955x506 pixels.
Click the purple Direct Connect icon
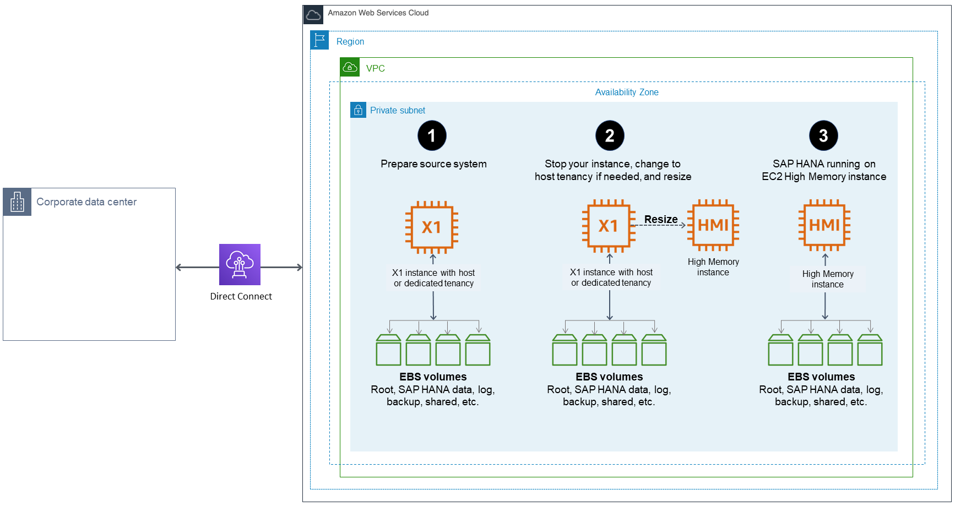pyautogui.click(x=240, y=264)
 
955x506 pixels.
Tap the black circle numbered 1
pyautogui.click(x=432, y=135)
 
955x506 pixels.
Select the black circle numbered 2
pyautogui.click(x=610, y=135)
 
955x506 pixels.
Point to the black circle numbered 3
pyautogui.click(x=823, y=135)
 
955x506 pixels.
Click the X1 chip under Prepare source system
pyautogui.click(x=432, y=227)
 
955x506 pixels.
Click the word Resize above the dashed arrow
pyautogui.click(x=661, y=219)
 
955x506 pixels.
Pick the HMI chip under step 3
pyautogui.click(x=824, y=225)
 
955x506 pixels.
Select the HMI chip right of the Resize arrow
pyautogui.click(x=713, y=225)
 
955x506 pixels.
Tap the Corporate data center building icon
pyautogui.click(x=17, y=202)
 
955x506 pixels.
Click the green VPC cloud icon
pyautogui.click(x=350, y=67)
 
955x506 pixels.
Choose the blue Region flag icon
pyautogui.click(x=319, y=40)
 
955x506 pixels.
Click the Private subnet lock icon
pyautogui.click(x=358, y=110)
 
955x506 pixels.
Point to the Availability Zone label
pyautogui.click(x=627, y=92)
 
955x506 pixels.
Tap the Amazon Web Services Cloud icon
pyautogui.click(x=313, y=15)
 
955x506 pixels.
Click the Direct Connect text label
pyautogui.click(x=241, y=296)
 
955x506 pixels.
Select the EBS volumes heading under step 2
pyautogui.click(x=609, y=377)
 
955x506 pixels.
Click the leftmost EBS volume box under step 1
pyautogui.click(x=388, y=350)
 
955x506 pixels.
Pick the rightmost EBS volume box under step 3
pyautogui.click(x=870, y=350)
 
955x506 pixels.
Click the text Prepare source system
pyautogui.click(x=433, y=164)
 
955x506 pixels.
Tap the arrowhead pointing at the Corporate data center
pyautogui.click(x=178, y=268)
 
